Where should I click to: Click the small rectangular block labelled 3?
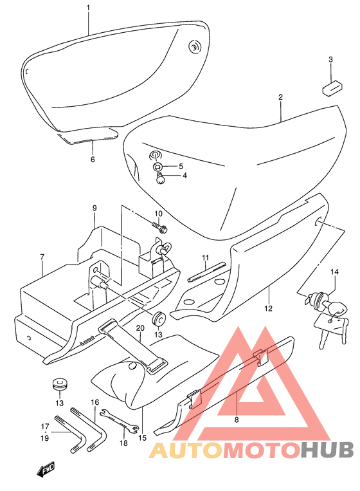pyautogui.click(x=332, y=87)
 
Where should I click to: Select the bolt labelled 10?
pyautogui.click(x=159, y=228)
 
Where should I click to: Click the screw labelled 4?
pyautogui.click(x=160, y=178)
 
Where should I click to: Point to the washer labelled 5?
pyautogui.click(x=158, y=166)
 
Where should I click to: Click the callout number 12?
pyautogui.click(x=268, y=308)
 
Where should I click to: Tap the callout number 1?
pyautogui.click(x=88, y=8)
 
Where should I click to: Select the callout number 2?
pyautogui.click(x=280, y=97)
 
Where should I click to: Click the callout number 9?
pyautogui.click(x=94, y=208)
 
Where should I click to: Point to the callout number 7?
pyautogui.click(x=42, y=257)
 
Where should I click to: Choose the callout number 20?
pyautogui.click(x=140, y=328)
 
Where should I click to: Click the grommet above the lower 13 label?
pyautogui.click(x=59, y=385)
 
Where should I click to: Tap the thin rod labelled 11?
pyautogui.click(x=206, y=271)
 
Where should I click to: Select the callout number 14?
pyautogui.click(x=334, y=272)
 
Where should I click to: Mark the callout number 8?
pyautogui.click(x=237, y=420)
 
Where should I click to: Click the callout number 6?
pyautogui.click(x=93, y=160)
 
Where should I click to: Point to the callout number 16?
pyautogui.click(x=94, y=402)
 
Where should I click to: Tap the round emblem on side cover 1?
pyautogui.click(x=195, y=47)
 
